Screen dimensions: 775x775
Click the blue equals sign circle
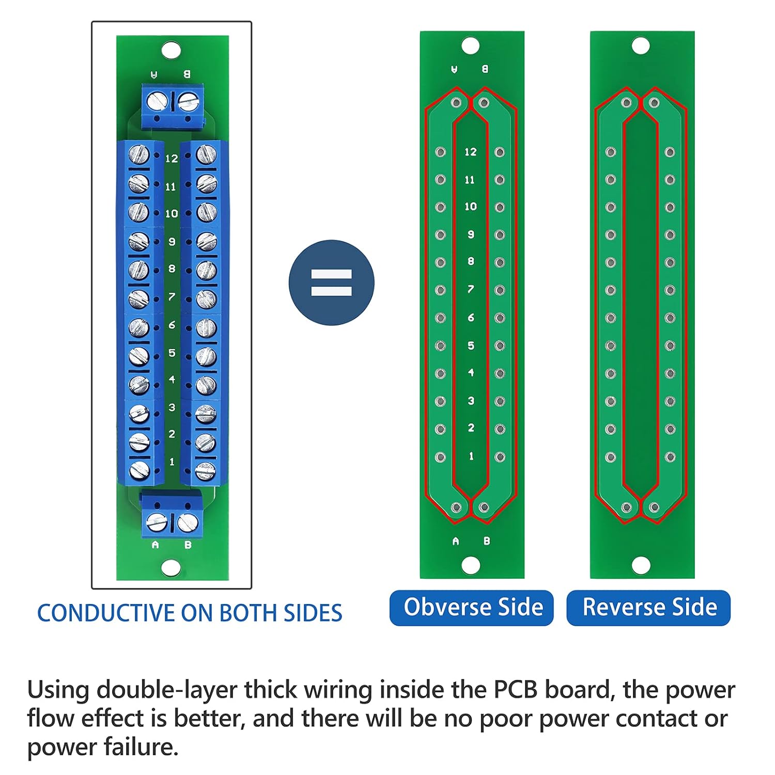point(331,283)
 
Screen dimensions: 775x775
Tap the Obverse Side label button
point(472,608)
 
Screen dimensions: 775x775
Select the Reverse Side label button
point(648,608)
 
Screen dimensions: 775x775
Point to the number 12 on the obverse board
point(470,152)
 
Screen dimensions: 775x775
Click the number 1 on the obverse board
point(471,456)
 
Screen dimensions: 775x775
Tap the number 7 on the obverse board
point(470,289)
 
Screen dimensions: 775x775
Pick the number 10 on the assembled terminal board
point(172,213)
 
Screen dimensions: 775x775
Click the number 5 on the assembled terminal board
point(172,353)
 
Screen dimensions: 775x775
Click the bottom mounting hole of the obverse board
point(470,565)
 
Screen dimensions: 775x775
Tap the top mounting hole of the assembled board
point(171,51)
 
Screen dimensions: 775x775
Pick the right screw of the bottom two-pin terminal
point(187,523)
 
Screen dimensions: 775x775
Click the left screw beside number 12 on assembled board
point(138,154)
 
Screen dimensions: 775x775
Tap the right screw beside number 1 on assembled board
point(205,470)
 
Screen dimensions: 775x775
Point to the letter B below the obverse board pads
point(487,541)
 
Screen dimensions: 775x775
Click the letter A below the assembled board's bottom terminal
point(155,545)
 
